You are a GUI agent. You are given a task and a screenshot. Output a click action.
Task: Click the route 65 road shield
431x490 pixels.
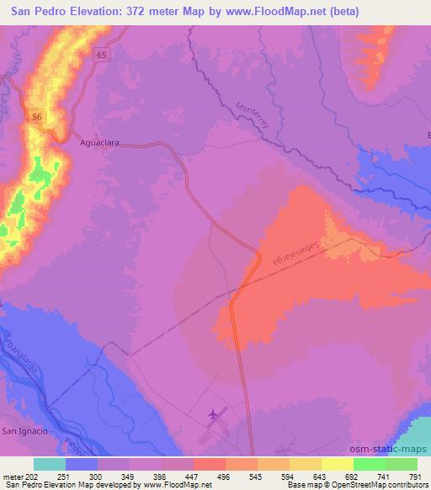point(102,53)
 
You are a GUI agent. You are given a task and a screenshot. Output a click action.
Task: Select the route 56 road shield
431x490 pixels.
point(37,116)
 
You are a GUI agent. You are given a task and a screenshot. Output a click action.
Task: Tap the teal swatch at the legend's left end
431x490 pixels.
point(50,464)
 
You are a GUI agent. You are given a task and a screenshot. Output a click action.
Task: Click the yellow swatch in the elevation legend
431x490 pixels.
point(337,464)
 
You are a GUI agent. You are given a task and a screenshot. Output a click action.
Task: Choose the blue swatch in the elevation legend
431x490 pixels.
point(82,464)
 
